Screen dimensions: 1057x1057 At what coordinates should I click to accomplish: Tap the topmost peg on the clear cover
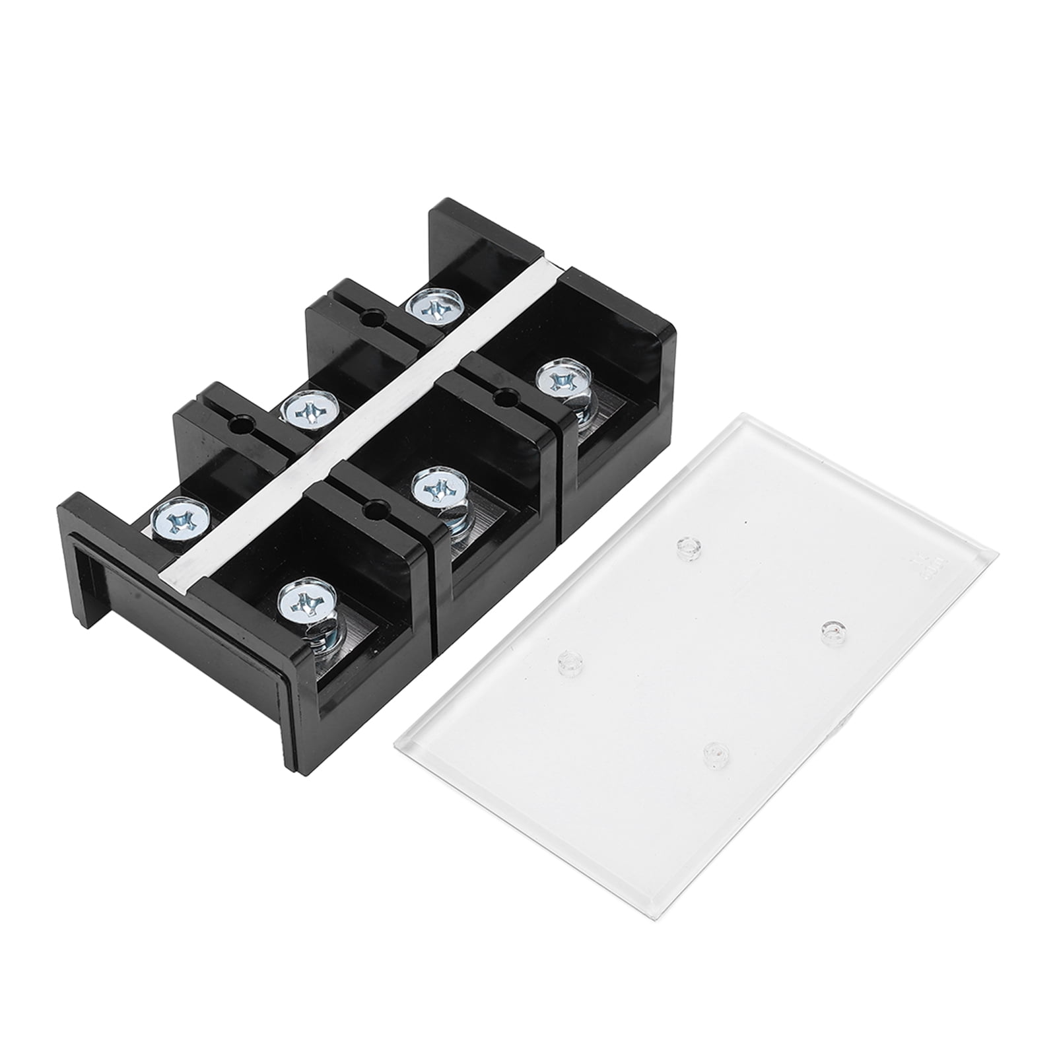[689, 547]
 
